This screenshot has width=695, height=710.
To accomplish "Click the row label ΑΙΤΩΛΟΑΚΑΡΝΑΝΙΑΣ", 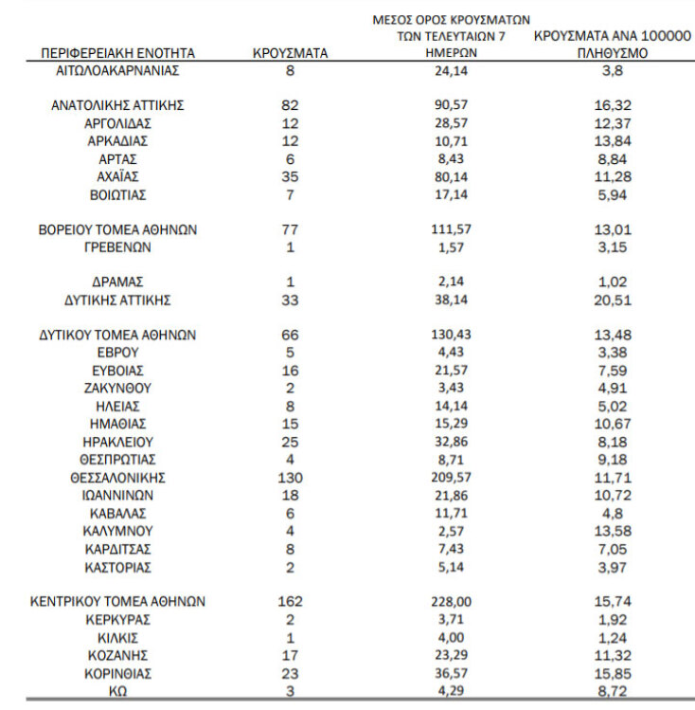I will pos(117,71).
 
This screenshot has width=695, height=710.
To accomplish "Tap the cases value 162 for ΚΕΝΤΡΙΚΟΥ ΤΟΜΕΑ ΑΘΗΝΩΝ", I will pos(291,602).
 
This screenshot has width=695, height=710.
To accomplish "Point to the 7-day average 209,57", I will pos(450,477).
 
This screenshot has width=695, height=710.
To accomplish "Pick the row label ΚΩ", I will pos(118,691).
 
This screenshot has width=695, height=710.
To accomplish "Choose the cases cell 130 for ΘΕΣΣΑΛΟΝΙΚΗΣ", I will pos(291,477).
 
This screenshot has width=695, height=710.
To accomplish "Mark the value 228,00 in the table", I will pos(450,602).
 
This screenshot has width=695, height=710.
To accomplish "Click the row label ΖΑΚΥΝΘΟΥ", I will pos(117,388).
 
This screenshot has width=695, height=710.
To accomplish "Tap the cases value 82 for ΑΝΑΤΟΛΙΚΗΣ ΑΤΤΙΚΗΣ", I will pos(291,106).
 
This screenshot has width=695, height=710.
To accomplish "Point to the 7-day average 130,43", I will pos(450,335).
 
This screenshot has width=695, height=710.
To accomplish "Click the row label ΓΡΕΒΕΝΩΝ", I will pos(117,247).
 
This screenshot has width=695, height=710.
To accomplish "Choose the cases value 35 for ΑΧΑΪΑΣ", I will pos(291,176).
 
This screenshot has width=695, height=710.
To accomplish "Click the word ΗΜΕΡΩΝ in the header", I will pos(450,53).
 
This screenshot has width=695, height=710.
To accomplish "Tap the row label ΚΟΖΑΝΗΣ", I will pos(117,655).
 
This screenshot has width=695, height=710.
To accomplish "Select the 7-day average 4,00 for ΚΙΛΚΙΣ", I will pos(450,637).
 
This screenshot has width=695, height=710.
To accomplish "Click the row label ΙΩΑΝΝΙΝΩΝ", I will pos(117,495).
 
